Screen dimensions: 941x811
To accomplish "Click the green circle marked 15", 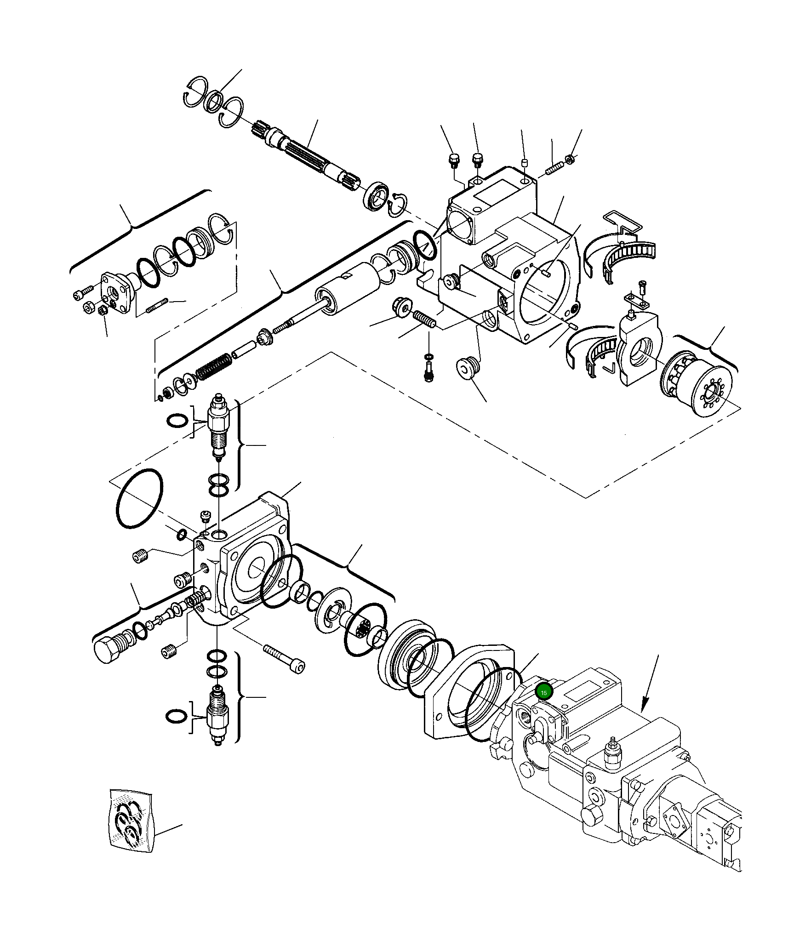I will click(544, 705).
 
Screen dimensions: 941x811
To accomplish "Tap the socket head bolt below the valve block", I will click(285, 658).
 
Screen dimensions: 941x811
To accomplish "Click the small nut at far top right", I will click(569, 159).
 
